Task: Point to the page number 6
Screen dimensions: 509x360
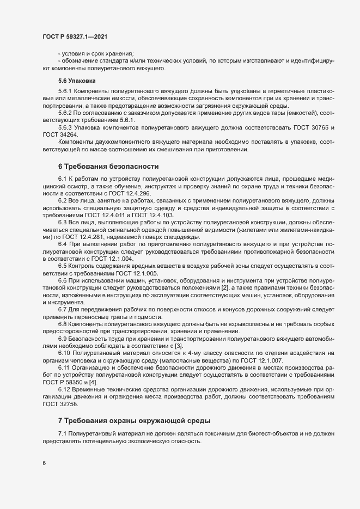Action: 44,464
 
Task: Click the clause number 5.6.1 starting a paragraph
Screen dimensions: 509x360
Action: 65,90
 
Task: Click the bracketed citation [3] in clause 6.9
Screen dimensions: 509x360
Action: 179,346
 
